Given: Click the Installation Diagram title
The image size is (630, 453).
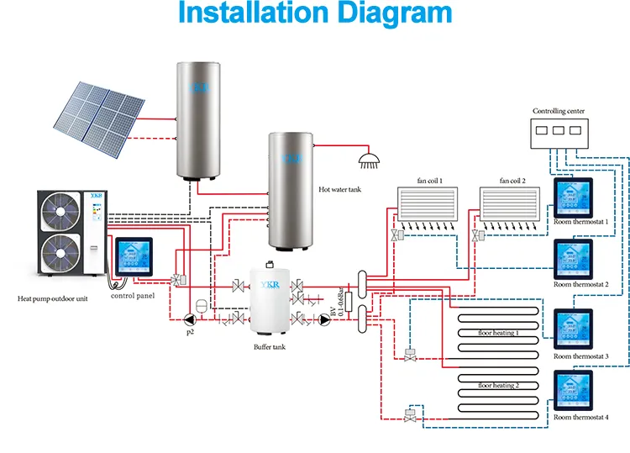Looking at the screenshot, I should pos(315,14).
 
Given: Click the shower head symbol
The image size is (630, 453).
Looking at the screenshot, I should pos(367,158).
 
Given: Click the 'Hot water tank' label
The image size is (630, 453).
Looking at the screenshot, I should pos(339,191).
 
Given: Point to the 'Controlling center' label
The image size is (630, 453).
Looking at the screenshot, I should pos(559,111).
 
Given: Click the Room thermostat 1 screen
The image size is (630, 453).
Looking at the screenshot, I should pos(572,198).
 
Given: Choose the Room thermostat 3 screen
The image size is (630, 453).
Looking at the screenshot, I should pos(572,329).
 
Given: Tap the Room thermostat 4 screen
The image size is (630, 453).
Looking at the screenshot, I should pos(572,391).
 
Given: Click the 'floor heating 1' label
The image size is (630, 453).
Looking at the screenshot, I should pos(498,333).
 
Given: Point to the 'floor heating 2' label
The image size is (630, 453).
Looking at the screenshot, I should pos(498,385).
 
